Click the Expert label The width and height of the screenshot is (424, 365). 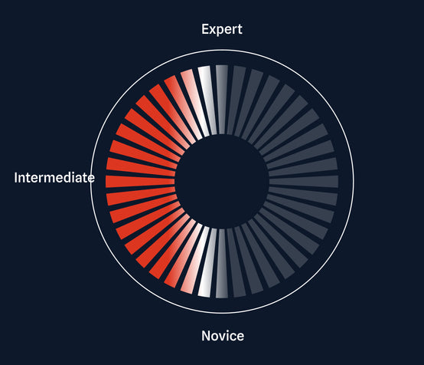tap(222, 30)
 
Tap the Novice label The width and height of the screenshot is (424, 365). tap(223, 336)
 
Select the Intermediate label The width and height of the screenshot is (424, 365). tap(54, 178)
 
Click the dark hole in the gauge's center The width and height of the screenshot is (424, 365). tap(222, 182)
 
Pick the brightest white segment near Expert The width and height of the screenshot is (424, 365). tap(207, 100)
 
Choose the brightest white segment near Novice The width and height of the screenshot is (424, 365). tap(207, 262)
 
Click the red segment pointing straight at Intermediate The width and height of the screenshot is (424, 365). tap(140, 182)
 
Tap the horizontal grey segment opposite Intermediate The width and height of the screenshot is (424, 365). tap(303, 182)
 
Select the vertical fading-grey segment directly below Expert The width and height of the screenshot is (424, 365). tap(222, 100)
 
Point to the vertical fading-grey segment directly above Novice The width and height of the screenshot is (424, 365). tap(222, 263)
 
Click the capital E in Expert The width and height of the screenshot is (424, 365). tap(205, 29)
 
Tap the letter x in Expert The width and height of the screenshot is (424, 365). tap(214, 31)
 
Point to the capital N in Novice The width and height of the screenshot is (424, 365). tap(206, 336)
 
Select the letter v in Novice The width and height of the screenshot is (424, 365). tap(224, 337)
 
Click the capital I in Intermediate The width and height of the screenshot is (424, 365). tap(15, 178)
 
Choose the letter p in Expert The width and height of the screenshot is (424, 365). tap(221, 31)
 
